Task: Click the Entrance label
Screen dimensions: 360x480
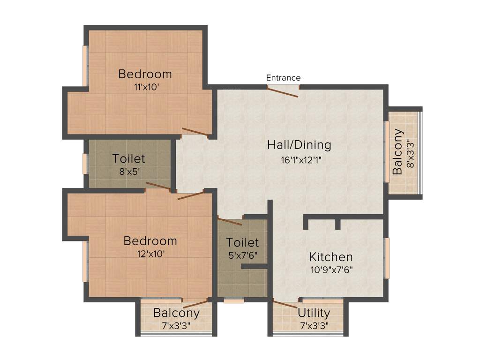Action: [x=283, y=78]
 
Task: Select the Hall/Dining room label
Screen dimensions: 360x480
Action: [x=299, y=145]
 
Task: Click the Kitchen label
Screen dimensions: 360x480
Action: [x=331, y=257]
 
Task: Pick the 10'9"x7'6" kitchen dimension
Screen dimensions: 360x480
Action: [x=331, y=270]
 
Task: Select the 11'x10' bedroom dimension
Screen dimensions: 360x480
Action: [x=145, y=87]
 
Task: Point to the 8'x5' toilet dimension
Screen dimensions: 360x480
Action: [x=128, y=172]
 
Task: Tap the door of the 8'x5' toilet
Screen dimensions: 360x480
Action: [x=158, y=187]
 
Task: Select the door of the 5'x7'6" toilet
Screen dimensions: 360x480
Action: [x=230, y=221]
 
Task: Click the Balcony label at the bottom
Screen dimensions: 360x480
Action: [x=176, y=313]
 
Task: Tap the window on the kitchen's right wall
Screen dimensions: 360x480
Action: [x=387, y=258]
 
